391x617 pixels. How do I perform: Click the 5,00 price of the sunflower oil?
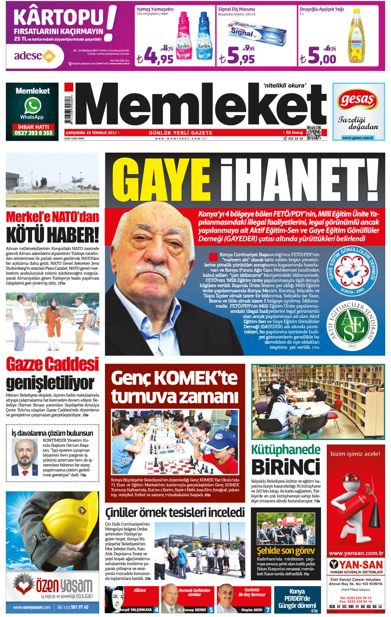point(322,57)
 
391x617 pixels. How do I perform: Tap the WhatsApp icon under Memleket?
point(32,106)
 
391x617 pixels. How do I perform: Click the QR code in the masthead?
point(314,132)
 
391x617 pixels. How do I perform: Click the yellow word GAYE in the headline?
point(161,180)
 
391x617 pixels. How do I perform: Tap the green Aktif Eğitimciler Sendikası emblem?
point(352,326)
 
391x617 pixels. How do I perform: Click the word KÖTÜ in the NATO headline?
point(25,235)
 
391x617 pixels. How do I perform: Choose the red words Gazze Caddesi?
point(52,364)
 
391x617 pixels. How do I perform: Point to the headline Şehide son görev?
point(286,550)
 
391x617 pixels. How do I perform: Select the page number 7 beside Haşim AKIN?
point(268,610)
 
